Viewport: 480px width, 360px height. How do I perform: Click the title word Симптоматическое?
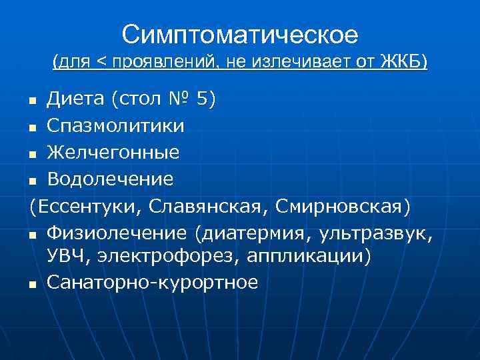pos(240,34)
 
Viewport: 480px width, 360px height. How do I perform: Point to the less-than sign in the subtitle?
pos(101,63)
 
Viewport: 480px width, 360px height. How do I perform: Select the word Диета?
pos(76,99)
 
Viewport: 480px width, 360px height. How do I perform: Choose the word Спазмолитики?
pos(116,125)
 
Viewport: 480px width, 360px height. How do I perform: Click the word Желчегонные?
pos(113,152)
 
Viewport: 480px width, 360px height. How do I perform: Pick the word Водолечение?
pos(110,179)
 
